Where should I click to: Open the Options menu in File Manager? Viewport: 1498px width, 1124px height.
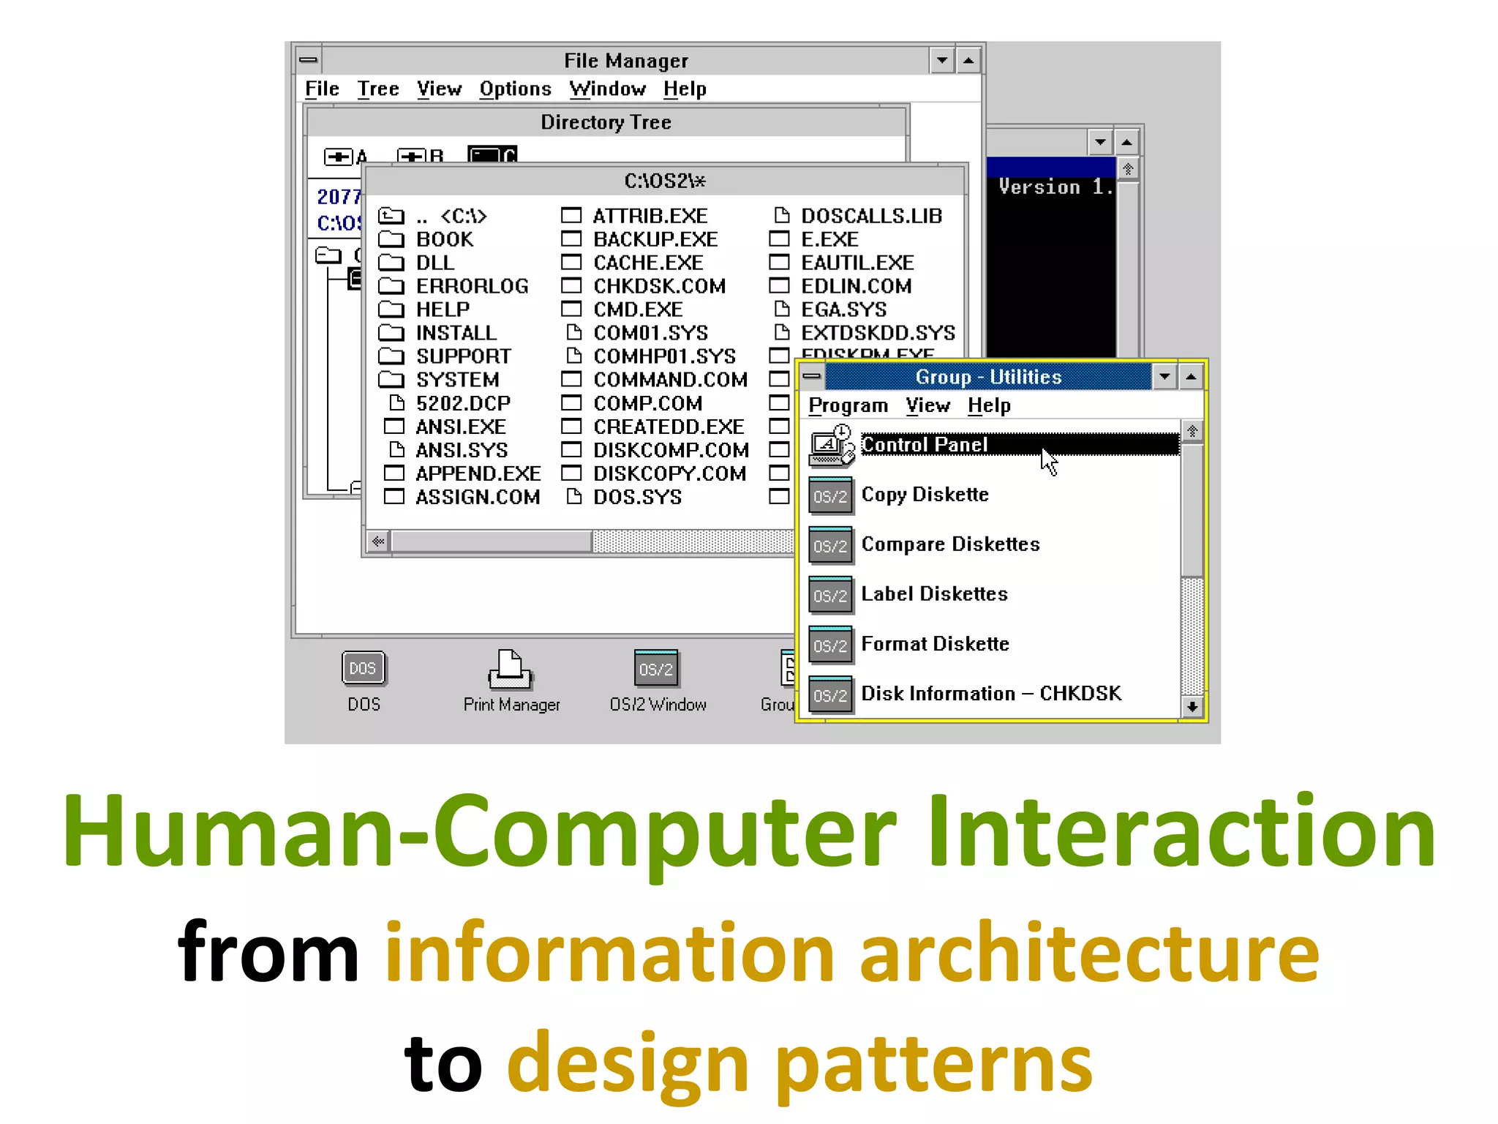(515, 89)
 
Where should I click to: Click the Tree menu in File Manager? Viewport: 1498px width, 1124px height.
(377, 89)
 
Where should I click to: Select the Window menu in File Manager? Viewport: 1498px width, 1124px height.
(607, 89)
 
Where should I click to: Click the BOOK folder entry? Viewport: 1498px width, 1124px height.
(444, 239)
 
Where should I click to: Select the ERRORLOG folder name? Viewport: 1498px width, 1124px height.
(472, 286)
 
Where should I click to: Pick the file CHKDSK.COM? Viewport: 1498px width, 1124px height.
(659, 286)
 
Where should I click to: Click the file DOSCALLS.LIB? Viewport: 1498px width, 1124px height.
(870, 216)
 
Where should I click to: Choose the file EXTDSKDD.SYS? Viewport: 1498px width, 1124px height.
(878, 333)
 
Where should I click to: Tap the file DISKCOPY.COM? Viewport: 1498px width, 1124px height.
(669, 473)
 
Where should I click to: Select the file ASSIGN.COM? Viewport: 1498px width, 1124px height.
(477, 497)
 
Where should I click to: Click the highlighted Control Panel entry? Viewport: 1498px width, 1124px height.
(925, 445)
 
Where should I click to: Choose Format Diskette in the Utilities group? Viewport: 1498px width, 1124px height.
(935, 644)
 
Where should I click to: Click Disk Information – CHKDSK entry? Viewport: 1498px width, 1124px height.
(990, 694)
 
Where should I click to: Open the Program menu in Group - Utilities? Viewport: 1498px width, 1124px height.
(848, 405)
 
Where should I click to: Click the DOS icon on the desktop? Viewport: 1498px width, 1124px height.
(364, 669)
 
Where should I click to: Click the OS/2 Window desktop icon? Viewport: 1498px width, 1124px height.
(656, 669)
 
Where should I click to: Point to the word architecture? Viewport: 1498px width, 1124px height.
(1089, 953)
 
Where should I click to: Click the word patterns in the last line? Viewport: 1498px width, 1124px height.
(933, 1065)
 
